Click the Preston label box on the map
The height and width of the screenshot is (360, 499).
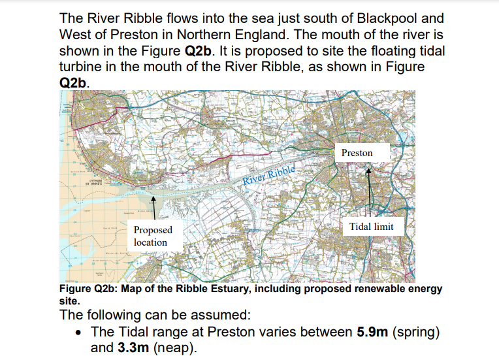tap(357, 153)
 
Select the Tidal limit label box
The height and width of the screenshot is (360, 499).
tap(371, 227)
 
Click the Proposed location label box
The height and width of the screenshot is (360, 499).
tap(153, 236)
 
